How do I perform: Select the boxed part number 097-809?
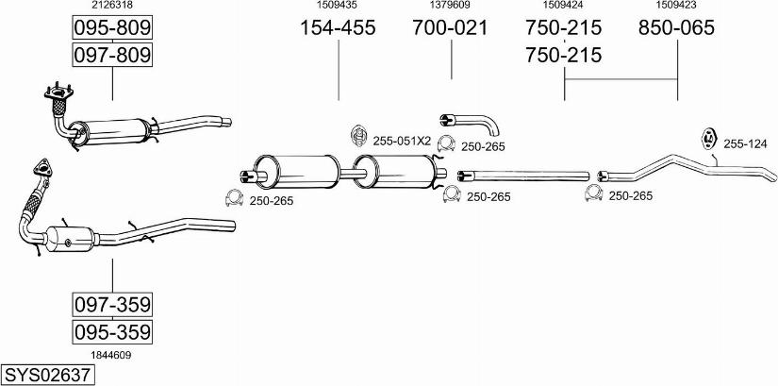pos(112,56)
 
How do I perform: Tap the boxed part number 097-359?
pos(112,305)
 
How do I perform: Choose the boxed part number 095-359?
pos(112,332)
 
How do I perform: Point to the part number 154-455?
pos(338,28)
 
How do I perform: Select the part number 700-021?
pos(450,28)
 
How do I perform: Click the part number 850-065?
pos(676,28)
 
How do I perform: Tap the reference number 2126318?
pos(111,6)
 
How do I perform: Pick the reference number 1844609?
pos(111,355)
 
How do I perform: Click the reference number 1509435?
pos(338,6)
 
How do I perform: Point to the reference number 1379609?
pos(450,6)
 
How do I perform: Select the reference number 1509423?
pos(676,6)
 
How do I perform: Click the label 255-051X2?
pos(402,141)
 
